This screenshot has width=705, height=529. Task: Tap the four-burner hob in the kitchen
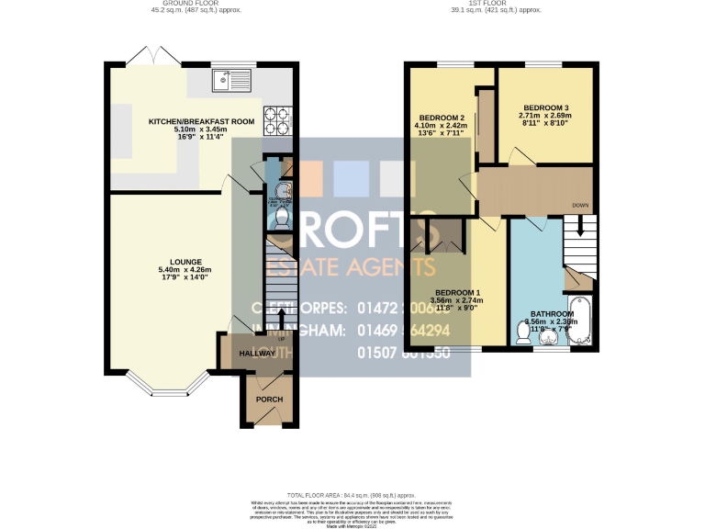[276, 117]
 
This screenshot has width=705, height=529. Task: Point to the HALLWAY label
[256, 354]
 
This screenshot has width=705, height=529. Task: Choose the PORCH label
[269, 400]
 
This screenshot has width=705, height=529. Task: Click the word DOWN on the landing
[580, 205]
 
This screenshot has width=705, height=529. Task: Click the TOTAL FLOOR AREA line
[352, 495]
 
